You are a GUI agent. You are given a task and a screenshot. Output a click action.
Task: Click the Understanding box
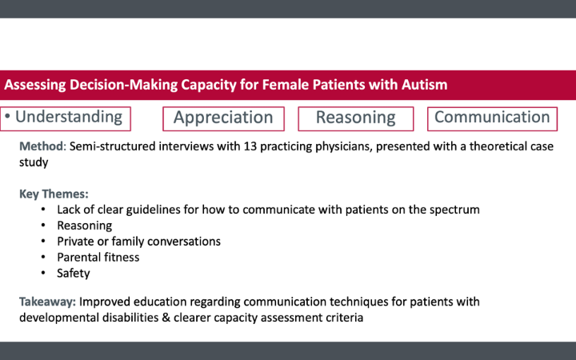click(66, 118)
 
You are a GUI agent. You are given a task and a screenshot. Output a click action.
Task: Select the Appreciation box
click(223, 118)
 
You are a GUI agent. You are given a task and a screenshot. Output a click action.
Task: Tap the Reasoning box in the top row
click(355, 118)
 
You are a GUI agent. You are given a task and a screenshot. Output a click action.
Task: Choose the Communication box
click(492, 118)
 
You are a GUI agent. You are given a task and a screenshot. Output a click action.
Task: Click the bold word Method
click(41, 146)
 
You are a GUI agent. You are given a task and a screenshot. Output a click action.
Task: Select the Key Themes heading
click(54, 194)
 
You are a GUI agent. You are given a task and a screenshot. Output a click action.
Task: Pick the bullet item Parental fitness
click(98, 257)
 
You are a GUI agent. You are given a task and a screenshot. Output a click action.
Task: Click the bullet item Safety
click(74, 273)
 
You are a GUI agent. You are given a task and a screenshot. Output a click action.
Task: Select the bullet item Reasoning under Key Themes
click(84, 226)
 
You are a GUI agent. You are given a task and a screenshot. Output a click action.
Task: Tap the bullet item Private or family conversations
click(138, 241)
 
